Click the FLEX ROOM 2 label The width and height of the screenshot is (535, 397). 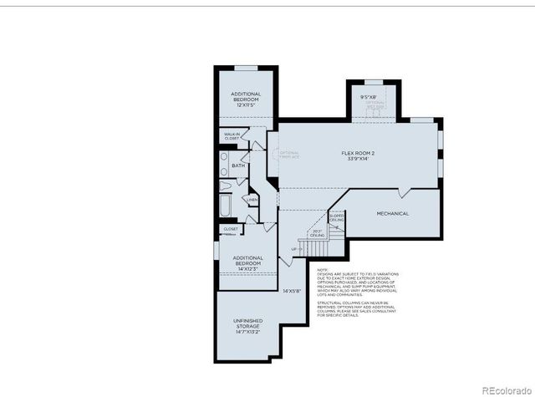pyautogui.click(x=354, y=153)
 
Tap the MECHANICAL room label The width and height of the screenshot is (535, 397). pyautogui.click(x=392, y=213)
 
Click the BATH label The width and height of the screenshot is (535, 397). pyautogui.click(x=238, y=165)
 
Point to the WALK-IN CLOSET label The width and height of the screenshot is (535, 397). pyautogui.click(x=232, y=136)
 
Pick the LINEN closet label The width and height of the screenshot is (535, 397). pyautogui.click(x=252, y=201)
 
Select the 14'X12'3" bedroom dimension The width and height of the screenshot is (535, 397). pyautogui.click(x=247, y=268)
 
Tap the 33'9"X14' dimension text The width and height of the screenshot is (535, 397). pyautogui.click(x=354, y=159)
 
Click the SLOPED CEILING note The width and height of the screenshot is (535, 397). pyautogui.click(x=337, y=218)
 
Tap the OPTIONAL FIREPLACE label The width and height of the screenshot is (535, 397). pyautogui.click(x=289, y=155)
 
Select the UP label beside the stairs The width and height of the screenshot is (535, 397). pyautogui.click(x=295, y=249)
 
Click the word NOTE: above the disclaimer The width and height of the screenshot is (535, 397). pyautogui.click(x=323, y=270)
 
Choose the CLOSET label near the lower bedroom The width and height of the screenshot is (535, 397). pyautogui.click(x=231, y=228)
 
